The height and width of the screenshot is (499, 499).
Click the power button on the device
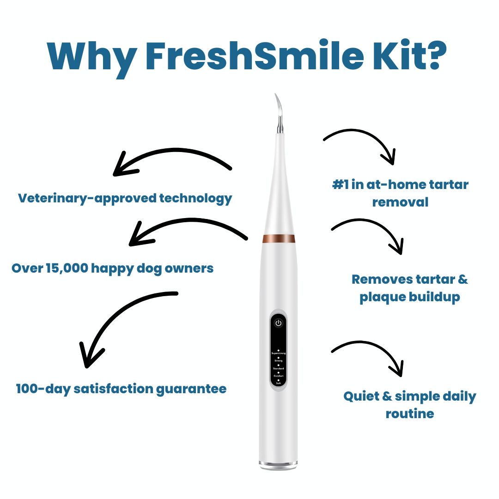[278, 323]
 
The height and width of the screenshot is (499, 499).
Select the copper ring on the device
[279, 238]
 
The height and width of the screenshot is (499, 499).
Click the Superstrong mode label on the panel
[278, 353]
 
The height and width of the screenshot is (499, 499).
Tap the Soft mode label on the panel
[278, 383]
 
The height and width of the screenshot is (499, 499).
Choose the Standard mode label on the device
[278, 368]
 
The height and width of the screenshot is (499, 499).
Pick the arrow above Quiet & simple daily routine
[370, 353]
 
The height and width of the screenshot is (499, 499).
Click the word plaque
[382, 297]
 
